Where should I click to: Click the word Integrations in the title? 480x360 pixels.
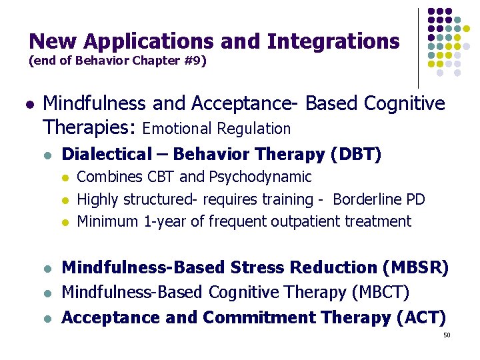[333, 41]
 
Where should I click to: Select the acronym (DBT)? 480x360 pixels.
[355, 155]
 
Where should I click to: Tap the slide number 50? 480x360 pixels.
[447, 335]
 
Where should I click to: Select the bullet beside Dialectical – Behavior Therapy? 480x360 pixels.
[46, 155]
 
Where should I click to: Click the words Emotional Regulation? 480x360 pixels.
[217, 128]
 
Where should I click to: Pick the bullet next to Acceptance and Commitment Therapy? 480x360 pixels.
[46, 318]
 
